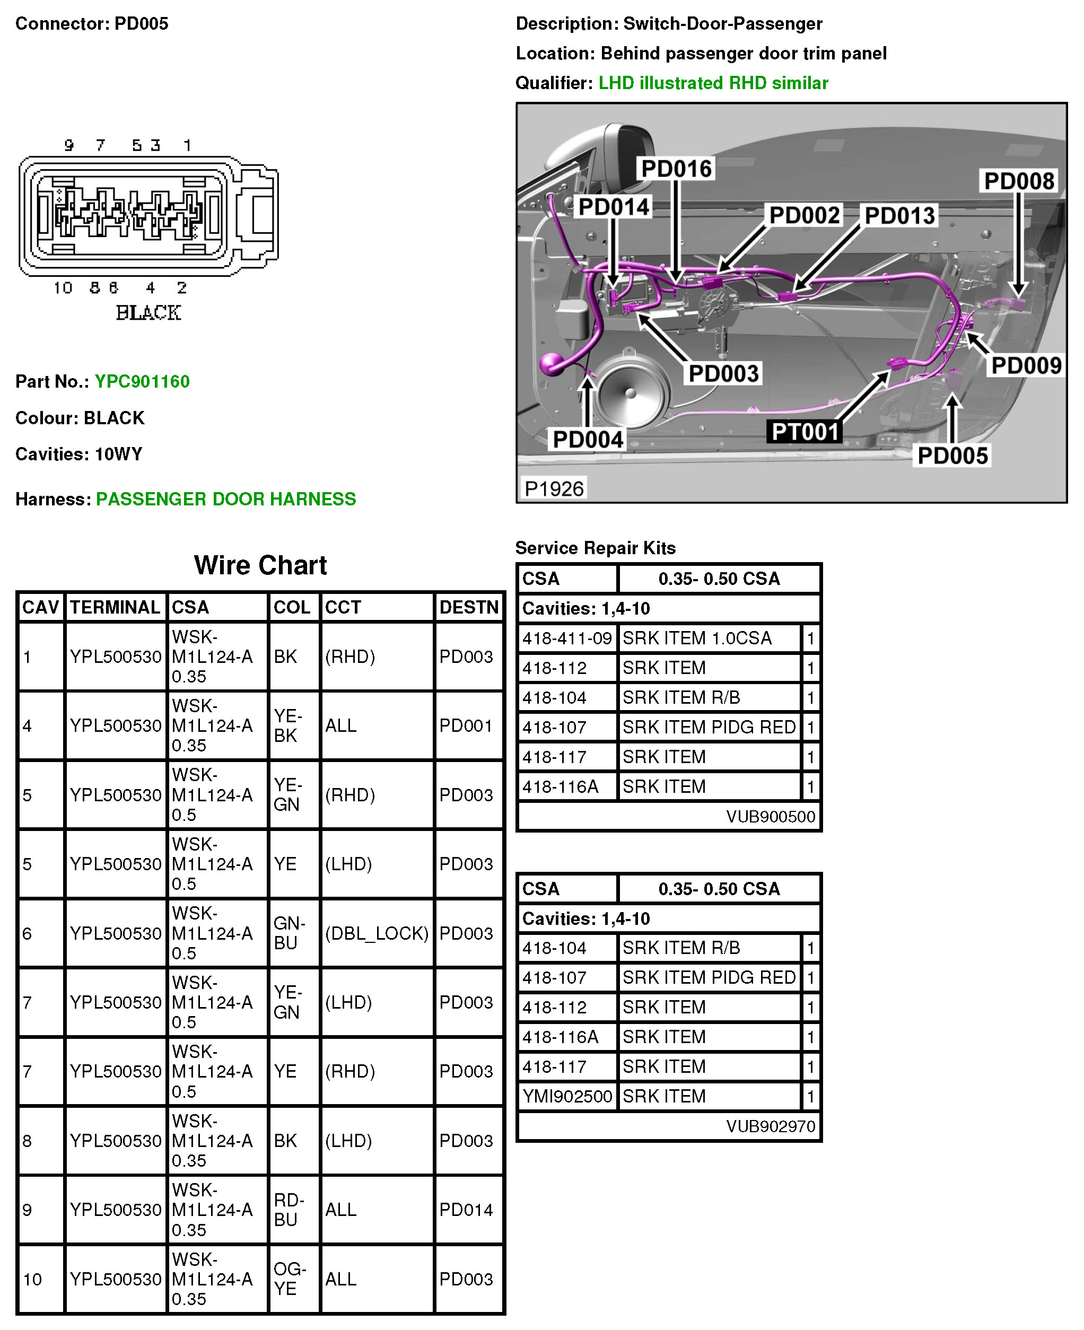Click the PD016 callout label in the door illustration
tap(676, 169)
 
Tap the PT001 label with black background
tap(805, 432)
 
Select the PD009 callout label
tap(1026, 365)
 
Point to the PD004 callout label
tap(588, 440)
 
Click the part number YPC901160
tap(142, 381)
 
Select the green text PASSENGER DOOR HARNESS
tap(225, 499)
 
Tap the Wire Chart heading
tap(260, 565)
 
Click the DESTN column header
tap(468, 607)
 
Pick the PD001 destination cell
tap(466, 725)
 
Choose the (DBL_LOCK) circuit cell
tap(377, 933)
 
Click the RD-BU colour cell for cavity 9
tap(289, 1210)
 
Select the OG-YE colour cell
tap(289, 1279)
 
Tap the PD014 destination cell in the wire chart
tap(466, 1210)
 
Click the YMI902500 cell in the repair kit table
tap(567, 1097)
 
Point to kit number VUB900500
tap(770, 817)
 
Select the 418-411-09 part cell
tap(567, 638)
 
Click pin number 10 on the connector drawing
tap(63, 288)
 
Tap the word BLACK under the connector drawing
tap(148, 312)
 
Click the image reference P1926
tap(554, 488)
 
